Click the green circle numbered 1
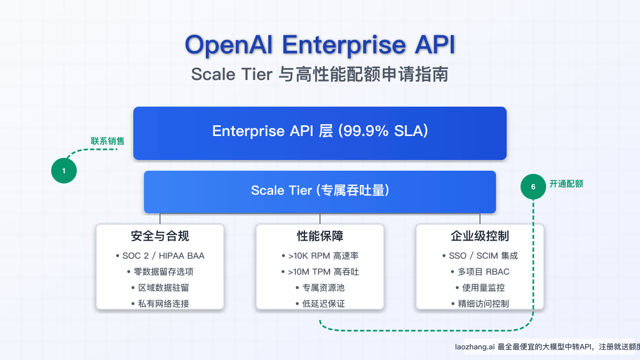pos(64,171)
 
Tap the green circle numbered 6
pos(533,187)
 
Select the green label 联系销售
pos(108,141)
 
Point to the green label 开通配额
pos(566,184)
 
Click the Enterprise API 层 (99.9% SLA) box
pos(320,132)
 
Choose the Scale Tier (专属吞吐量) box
pos(320,191)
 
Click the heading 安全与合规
pos(160,236)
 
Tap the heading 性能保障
pos(320,236)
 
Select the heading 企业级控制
pos(480,236)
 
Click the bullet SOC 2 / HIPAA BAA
pos(163,255)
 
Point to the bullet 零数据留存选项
pos(163,271)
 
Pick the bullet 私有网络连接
pos(163,303)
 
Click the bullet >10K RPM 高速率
pos(323,255)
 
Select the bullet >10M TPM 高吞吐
pos(323,271)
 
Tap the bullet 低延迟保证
pos(323,303)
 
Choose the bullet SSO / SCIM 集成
pos(483,255)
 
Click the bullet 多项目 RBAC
pos(483,271)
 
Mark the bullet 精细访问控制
pos(483,303)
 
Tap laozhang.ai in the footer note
pos(474,347)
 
